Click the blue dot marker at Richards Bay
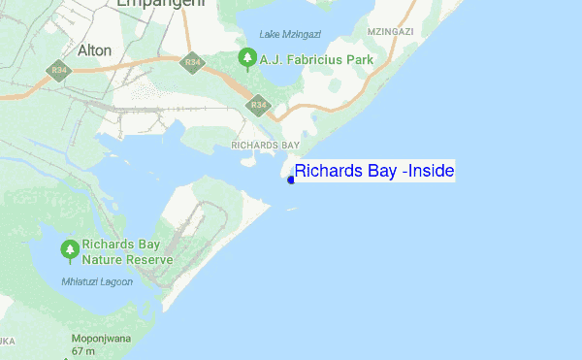click(291, 179)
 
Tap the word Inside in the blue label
click(431, 172)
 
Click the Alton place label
click(94, 49)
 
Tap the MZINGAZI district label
click(391, 32)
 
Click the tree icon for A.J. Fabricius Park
click(247, 60)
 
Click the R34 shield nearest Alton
click(58, 70)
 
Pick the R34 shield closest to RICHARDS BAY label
click(258, 104)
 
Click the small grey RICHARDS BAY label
click(266, 145)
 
